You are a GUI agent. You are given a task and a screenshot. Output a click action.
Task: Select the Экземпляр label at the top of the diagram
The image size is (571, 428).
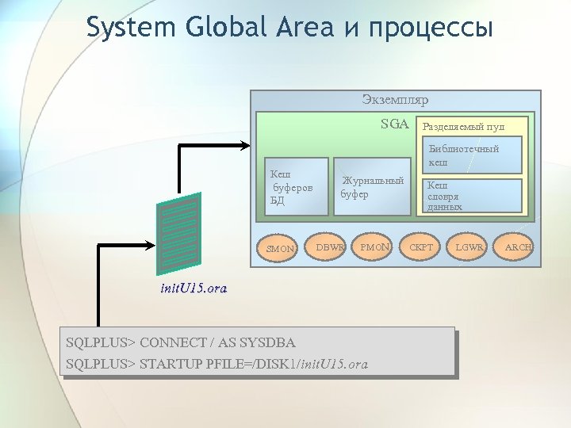click(395, 101)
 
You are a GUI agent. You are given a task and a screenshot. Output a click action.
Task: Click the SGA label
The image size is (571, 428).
click(394, 124)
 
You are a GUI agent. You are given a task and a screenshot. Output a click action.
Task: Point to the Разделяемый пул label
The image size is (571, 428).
click(463, 127)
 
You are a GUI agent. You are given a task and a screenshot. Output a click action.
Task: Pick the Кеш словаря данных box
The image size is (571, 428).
click(473, 196)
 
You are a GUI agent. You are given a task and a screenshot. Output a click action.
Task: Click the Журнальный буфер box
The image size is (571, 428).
click(371, 188)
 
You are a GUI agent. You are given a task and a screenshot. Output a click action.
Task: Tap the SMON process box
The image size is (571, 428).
click(280, 248)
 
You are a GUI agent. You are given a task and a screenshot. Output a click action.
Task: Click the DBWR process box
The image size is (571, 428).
click(330, 247)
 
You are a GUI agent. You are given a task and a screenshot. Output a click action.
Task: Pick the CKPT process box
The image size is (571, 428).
click(421, 247)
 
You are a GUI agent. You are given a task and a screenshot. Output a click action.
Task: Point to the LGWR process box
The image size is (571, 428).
click(469, 247)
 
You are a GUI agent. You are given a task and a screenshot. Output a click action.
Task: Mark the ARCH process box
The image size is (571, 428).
click(519, 247)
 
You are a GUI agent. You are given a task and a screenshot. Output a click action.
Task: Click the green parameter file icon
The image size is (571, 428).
click(180, 231)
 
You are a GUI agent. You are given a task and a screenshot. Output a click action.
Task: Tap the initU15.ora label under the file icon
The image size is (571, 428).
click(193, 289)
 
